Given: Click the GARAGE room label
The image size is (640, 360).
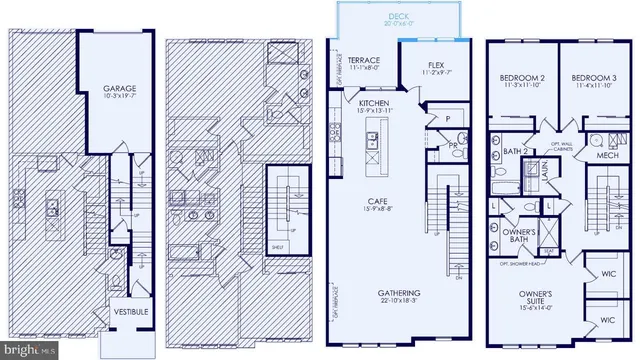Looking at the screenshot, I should (119, 88).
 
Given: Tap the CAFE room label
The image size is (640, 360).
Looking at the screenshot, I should (378, 200).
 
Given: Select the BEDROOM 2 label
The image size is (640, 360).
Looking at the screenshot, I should (521, 77).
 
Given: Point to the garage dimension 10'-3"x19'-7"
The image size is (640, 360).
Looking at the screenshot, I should (119, 97).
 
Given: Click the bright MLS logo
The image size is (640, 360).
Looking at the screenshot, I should (22, 349).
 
